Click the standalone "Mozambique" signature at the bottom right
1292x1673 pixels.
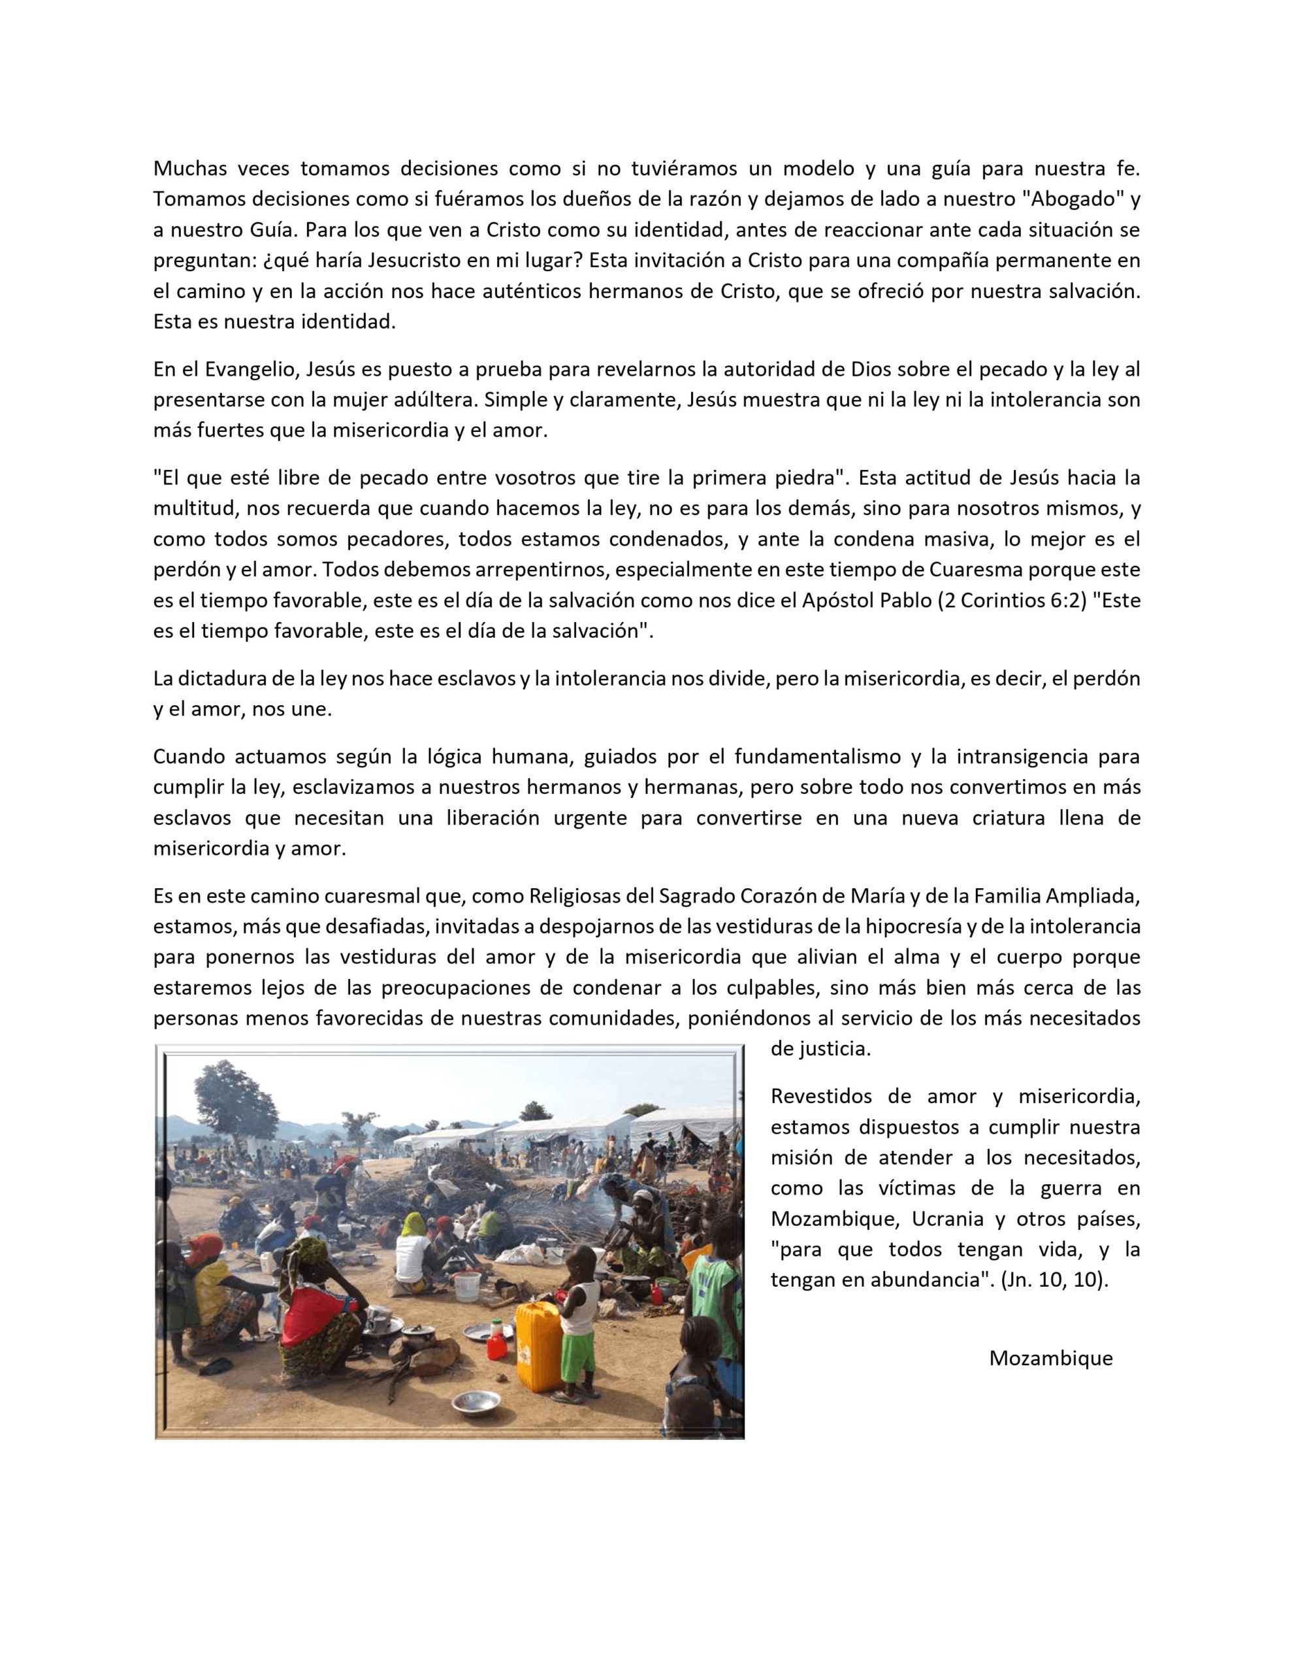coord(1051,1357)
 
